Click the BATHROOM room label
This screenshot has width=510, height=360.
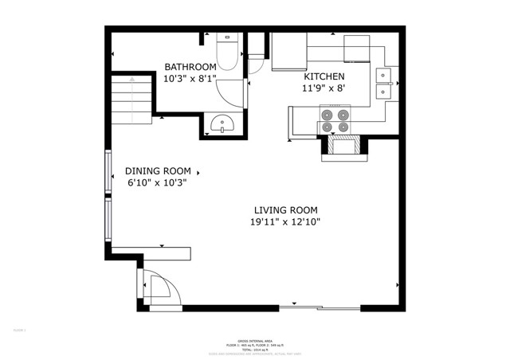tap(190, 67)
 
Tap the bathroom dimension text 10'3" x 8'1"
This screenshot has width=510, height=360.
tap(190, 79)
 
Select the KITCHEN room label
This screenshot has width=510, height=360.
tap(324, 76)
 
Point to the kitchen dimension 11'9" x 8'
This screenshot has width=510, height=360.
tap(324, 89)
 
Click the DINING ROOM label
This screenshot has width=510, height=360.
tap(158, 170)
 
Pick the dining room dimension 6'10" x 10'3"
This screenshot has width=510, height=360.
tap(157, 182)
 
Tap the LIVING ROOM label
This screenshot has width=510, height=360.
tap(284, 210)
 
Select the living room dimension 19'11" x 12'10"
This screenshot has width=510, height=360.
tap(284, 223)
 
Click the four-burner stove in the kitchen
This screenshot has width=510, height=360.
tap(334, 120)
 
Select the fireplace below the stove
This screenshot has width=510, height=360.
tap(343, 147)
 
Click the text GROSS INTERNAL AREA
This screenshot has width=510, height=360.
tap(255, 338)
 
